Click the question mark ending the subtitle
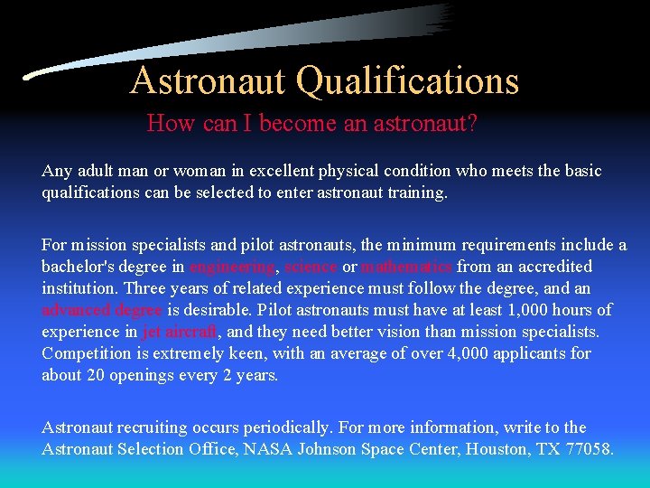tap(471, 123)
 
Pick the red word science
tap(311, 267)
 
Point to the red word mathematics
tap(407, 267)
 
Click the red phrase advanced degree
tap(102, 310)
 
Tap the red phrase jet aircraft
tap(181, 332)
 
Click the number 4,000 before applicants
tap(469, 353)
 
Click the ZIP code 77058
tap(589, 449)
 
